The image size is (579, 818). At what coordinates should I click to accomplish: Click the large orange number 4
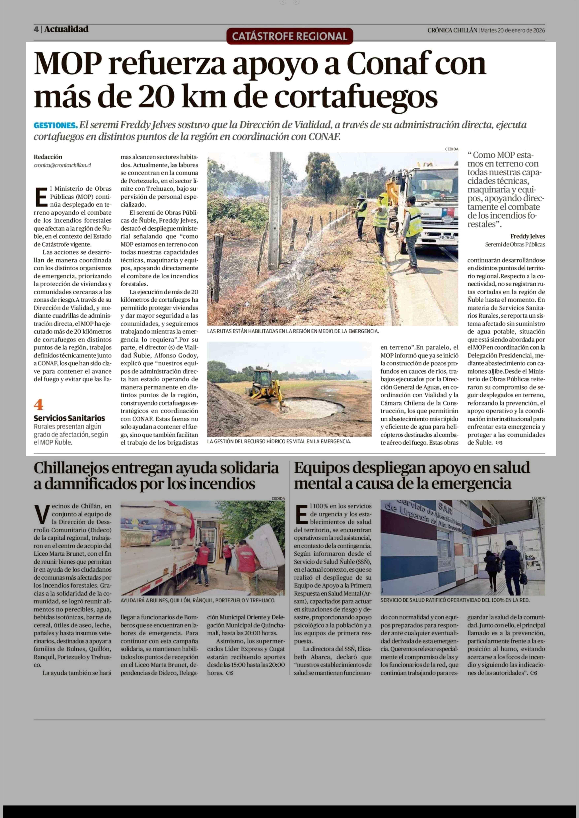(38, 405)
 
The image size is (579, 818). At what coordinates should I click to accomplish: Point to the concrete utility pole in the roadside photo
(275, 210)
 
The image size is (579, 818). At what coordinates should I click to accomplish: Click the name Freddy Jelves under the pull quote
(527, 236)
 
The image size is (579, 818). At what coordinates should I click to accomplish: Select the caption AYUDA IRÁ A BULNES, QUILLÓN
(198, 600)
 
